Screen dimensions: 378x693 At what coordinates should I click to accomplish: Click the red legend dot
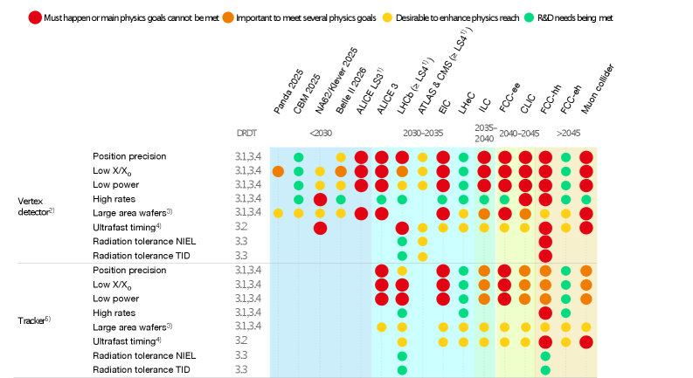(35, 17)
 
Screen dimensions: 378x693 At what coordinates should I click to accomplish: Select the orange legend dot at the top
(228, 17)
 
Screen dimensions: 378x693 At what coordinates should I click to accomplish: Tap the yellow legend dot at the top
(387, 17)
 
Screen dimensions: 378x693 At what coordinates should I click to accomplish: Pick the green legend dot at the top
(529, 17)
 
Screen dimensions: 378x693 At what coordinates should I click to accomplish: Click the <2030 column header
(321, 134)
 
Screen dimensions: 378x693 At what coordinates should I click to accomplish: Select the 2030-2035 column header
(423, 134)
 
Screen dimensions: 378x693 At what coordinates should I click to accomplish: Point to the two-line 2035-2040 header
(485, 134)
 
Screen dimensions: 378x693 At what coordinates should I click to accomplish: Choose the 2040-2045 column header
(518, 134)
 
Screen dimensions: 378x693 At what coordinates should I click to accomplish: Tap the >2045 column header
(568, 134)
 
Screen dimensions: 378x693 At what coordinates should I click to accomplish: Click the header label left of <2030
(246, 134)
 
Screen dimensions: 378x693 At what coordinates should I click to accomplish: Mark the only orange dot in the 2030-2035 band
(402, 172)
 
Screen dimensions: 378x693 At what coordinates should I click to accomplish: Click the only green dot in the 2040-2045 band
(504, 200)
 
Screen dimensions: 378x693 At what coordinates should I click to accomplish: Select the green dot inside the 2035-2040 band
(484, 200)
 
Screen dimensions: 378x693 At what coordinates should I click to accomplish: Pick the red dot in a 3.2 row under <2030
(320, 228)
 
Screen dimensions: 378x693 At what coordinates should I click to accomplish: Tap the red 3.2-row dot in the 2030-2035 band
(402, 228)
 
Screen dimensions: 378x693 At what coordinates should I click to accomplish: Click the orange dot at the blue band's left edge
(278, 172)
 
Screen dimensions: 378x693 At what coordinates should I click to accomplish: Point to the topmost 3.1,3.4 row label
(247, 157)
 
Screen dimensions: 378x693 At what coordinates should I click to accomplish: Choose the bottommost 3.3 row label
(241, 369)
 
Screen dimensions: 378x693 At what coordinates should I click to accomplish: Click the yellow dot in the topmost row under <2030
(341, 158)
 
